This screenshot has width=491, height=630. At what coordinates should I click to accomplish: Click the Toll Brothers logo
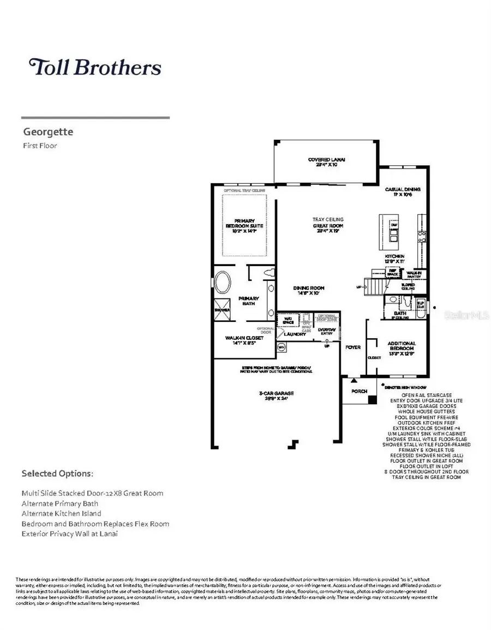point(95,67)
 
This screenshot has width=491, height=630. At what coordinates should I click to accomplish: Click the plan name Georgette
point(48,132)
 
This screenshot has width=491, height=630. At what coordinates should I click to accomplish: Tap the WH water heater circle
point(282,346)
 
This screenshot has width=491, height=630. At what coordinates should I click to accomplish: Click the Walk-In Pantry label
point(416,274)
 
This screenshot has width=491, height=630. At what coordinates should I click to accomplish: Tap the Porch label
point(359,391)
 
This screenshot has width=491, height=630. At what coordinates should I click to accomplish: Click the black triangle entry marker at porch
point(354,380)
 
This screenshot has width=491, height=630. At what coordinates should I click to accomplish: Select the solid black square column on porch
point(372,400)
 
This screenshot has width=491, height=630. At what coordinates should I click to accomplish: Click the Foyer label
point(353,347)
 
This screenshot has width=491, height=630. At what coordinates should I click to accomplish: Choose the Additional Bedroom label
point(402,346)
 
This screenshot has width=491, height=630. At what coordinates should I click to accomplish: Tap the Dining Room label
point(309,290)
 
